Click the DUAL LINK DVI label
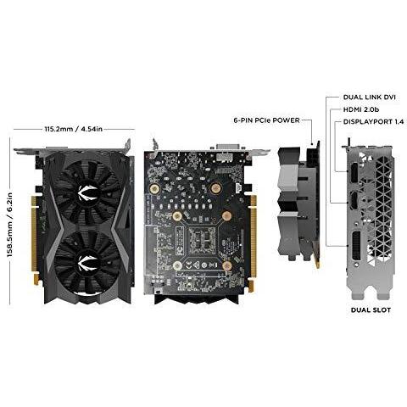coord(370,98)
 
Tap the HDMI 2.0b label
coord(361,109)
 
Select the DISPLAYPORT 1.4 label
coord(373,122)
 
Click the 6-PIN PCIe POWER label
coord(266,120)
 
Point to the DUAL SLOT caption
coord(371,310)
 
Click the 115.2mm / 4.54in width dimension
coord(74,129)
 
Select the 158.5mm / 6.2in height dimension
coord(9,225)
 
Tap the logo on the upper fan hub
coord(87,192)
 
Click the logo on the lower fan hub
coord(87,263)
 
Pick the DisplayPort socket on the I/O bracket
coord(354,172)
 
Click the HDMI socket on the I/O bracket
coord(354,201)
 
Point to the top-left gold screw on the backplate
coord(154,187)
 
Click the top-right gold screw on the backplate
coord(215,187)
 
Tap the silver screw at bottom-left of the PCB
coord(177,265)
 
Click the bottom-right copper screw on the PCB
coord(227,265)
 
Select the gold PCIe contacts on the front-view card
coord(34,240)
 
